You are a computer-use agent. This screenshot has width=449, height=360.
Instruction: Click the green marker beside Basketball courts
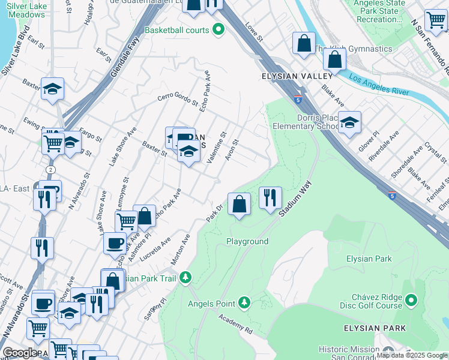pyautogui.click(x=218, y=29)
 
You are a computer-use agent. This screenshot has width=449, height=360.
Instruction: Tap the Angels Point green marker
pyautogui.click(x=244, y=302)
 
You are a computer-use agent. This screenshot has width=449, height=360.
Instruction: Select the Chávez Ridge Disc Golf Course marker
pyautogui.click(x=411, y=299)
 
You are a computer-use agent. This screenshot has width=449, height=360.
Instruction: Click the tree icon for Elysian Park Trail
pyautogui.click(x=186, y=277)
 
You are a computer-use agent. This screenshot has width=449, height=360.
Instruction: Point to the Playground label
pyautogui.click(x=247, y=241)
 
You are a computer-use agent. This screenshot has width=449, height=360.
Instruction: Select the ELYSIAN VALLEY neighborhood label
pyautogui.click(x=297, y=76)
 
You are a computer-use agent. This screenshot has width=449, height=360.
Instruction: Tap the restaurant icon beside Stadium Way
pyautogui.click(x=270, y=197)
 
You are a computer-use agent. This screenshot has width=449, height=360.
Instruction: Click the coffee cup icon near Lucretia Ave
pyautogui.click(x=115, y=243)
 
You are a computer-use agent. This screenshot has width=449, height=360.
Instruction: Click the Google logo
pyautogui.click(x=19, y=353)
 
